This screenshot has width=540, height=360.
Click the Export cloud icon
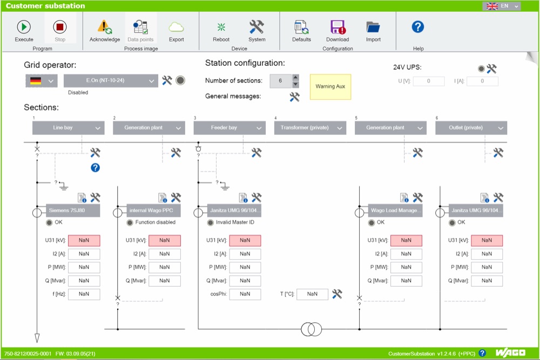coord(176,27)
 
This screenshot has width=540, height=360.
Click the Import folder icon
coord(373,27)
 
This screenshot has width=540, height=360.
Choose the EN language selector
coord(502,6)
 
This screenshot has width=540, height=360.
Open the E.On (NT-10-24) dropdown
coord(111,80)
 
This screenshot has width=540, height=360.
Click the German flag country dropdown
coord(42,81)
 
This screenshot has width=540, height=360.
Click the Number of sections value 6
coord(280,80)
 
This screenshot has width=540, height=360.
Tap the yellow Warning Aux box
coord(330,87)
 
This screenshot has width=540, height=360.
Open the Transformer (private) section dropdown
coord(310,128)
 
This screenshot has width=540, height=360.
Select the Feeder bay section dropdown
coord(230,128)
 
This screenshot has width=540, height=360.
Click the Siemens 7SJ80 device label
coord(73,210)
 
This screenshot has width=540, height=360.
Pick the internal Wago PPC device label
coord(153,210)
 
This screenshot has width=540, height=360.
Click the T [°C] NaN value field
coord(312,294)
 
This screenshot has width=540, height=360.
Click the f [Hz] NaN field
coord(84,294)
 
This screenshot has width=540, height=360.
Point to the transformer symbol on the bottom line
coord(312,329)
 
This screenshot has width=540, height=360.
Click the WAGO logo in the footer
coord(510,353)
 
